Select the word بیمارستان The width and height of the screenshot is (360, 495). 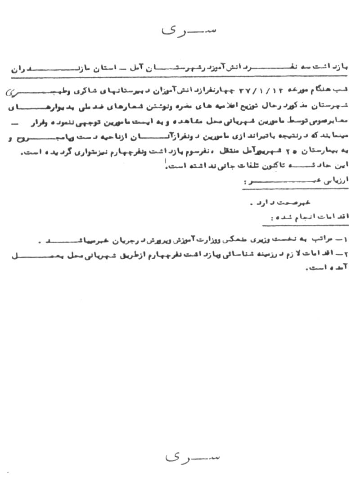pyautogui.click(x=329, y=153)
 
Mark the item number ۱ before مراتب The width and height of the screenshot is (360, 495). pyautogui.click(x=351, y=240)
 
